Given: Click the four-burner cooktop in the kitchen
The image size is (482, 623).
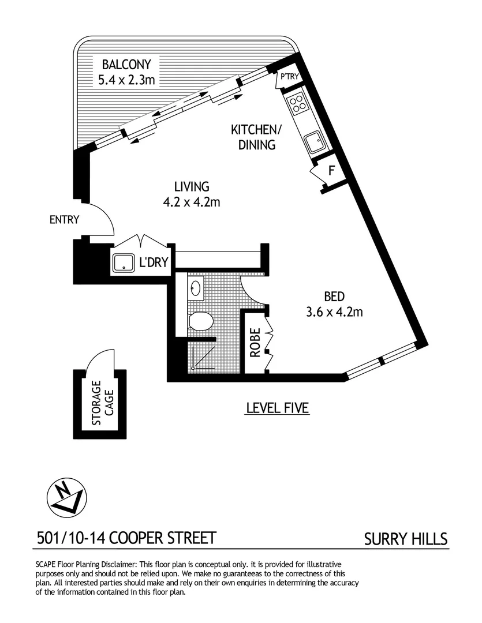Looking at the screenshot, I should click(298, 104).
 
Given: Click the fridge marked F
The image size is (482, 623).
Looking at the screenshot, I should click(331, 171).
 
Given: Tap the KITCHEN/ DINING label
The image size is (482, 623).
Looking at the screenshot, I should click(257, 136).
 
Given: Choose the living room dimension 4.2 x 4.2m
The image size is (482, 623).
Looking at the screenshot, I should click(192, 202).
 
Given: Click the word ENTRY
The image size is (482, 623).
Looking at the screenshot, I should click(64, 220).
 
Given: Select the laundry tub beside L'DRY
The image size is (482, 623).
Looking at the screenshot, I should click(124, 263).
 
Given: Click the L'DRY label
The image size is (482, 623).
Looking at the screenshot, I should click(154, 263).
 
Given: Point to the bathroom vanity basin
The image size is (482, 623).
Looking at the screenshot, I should click(196, 287).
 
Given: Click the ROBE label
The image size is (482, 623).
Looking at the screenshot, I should click(255, 342).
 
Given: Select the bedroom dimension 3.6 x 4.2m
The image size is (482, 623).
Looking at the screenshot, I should click(335, 313).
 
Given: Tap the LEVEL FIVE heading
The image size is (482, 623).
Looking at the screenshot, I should click(278, 408).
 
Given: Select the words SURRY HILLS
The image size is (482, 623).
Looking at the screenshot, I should click(406, 539).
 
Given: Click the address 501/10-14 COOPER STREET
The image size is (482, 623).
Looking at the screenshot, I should click(126, 538).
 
